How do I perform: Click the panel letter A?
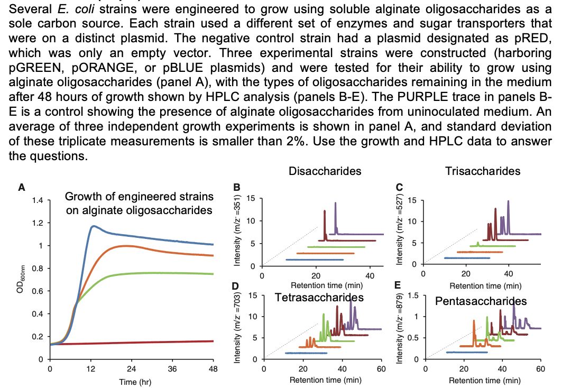click(x=21, y=187)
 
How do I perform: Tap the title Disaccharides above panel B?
click(x=325, y=171)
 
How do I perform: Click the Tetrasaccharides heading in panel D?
click(x=319, y=297)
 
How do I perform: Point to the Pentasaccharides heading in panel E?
click(x=481, y=301)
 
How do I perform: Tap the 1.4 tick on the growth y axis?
click(x=37, y=200)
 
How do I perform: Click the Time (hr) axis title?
click(x=132, y=381)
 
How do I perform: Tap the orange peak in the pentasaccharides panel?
click(x=474, y=321)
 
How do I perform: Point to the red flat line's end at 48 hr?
click(x=213, y=341)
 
